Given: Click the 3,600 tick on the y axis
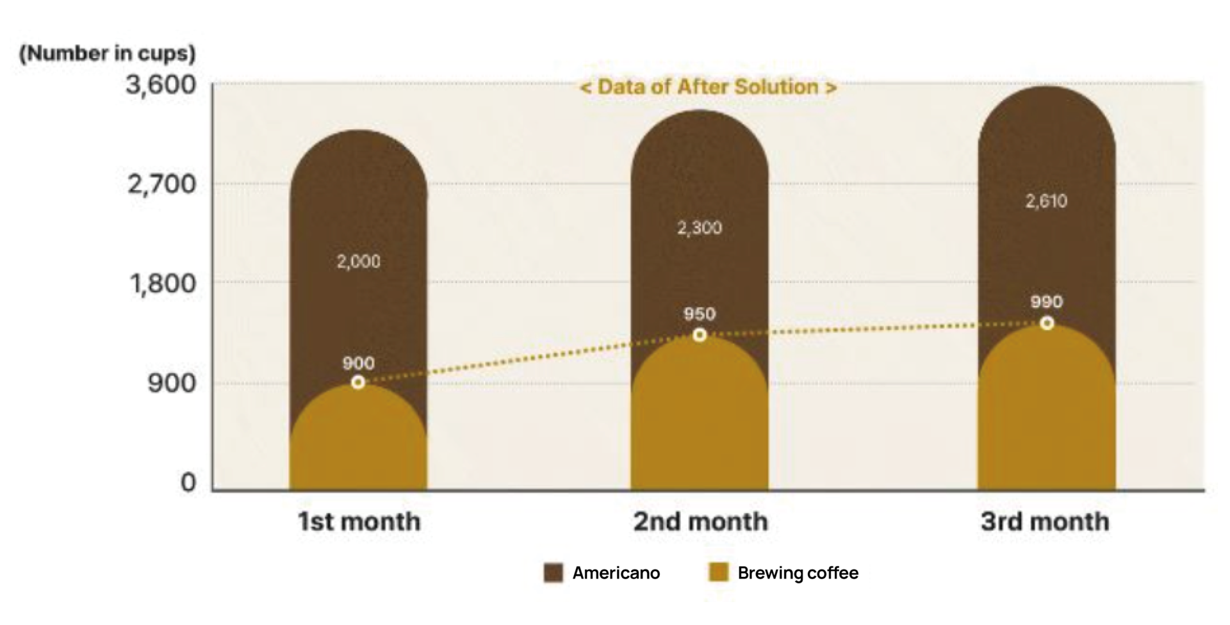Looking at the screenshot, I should (161, 85).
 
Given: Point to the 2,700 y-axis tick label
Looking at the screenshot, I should (161, 184).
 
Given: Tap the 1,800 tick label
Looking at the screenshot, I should (163, 283).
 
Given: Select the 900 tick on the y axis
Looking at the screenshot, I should (172, 384).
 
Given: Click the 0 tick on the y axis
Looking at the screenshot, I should (188, 482).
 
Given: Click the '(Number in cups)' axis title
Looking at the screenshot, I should (107, 53).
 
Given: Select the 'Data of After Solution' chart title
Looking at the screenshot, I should (708, 87).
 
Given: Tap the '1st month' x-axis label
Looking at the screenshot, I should (359, 521).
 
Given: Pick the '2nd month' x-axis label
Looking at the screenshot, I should (700, 521).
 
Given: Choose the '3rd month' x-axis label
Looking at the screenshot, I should (1045, 521).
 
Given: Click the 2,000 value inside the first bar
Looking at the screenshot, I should (359, 261).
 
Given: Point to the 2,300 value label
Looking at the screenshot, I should (700, 228).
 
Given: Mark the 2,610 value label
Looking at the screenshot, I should (1046, 201).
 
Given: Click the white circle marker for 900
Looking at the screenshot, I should (358, 382).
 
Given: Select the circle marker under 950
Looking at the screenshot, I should (700, 335).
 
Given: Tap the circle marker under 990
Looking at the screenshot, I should (1047, 323).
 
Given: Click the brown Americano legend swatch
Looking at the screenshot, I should (553, 572).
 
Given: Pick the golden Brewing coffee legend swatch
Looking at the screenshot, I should (719, 572).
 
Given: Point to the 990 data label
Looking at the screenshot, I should (1046, 302).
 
